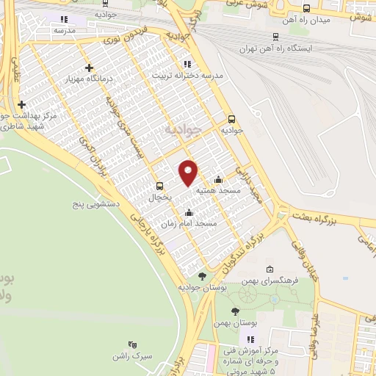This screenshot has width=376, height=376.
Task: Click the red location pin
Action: [x=189, y=172]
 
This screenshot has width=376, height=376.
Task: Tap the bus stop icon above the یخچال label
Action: [x=160, y=186]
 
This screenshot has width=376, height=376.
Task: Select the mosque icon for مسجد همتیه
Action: [x=218, y=179]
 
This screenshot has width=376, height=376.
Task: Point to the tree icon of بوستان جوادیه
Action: [x=202, y=276]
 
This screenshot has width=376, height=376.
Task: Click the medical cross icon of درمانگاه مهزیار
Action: [x=89, y=68]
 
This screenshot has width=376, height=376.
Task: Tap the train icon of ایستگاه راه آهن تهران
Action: [x=275, y=36]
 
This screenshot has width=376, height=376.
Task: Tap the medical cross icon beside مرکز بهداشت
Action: [x=22, y=104]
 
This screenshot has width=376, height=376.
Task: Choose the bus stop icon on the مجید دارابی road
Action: [x=232, y=118]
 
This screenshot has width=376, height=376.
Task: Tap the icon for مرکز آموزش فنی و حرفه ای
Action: [x=251, y=339]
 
